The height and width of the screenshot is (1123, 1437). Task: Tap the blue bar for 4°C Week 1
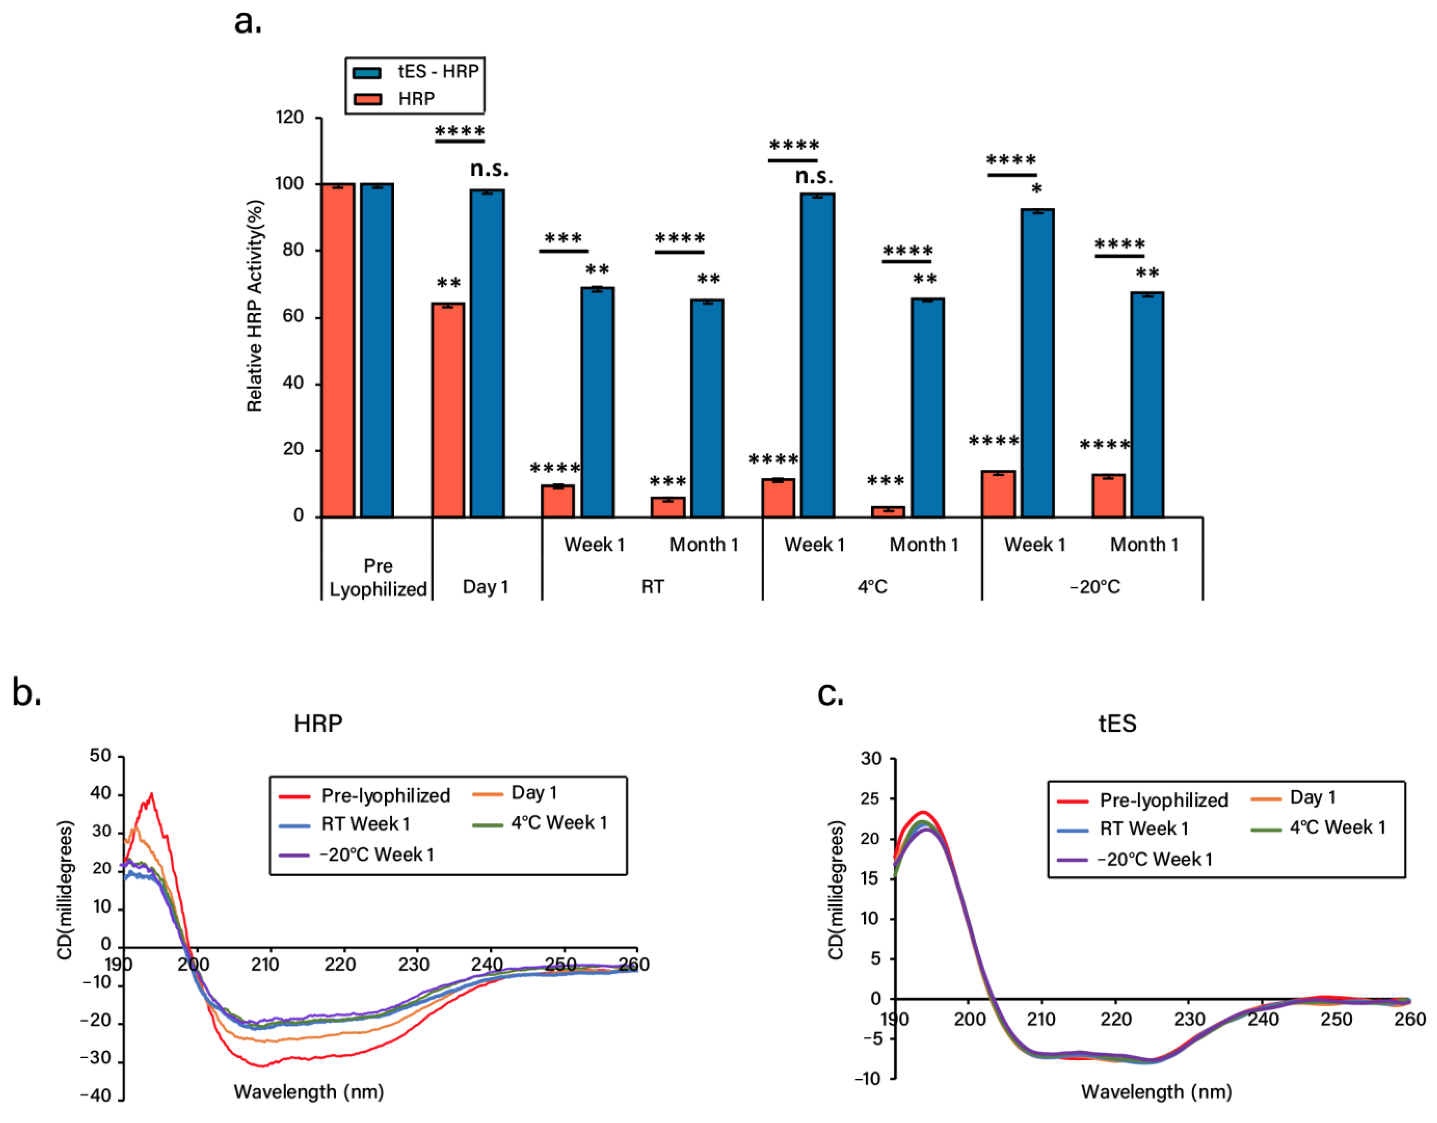[x=817, y=355]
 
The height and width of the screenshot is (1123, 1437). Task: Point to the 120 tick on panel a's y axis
[x=289, y=118]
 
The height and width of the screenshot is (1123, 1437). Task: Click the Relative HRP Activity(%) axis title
[x=255, y=306]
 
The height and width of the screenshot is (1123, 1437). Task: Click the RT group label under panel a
[x=652, y=586]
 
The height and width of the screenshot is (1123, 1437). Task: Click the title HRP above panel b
[x=318, y=723]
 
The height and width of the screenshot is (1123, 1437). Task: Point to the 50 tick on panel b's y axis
[x=101, y=756]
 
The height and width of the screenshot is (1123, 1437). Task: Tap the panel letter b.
[x=26, y=693]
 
